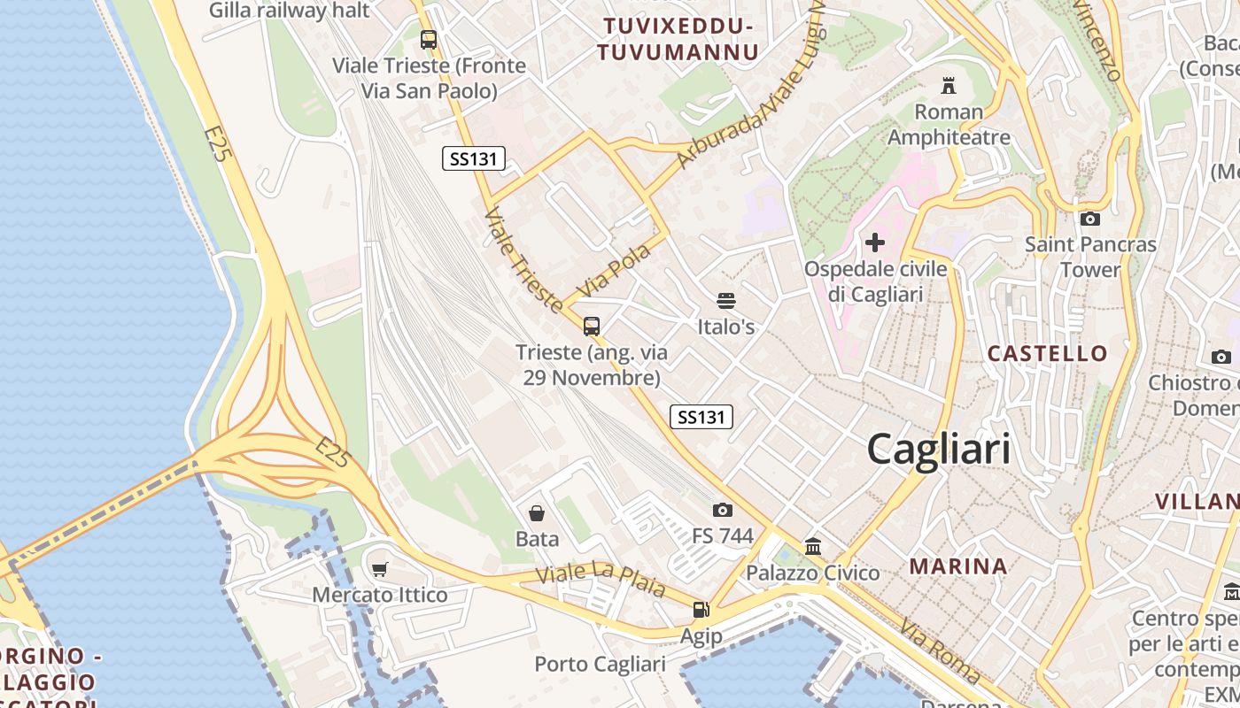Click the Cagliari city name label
pyautogui.click(x=938, y=449)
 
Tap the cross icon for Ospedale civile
pyautogui.click(x=875, y=242)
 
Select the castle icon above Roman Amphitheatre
pyautogui.click(x=949, y=86)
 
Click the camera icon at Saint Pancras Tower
pyautogui.click(x=1090, y=219)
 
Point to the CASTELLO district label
pyautogui.click(x=1047, y=354)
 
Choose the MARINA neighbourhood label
pyautogui.click(x=958, y=566)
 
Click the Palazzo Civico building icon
pyautogui.click(x=813, y=546)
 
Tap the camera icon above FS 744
pyautogui.click(x=722, y=510)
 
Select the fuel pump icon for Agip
pyautogui.click(x=701, y=609)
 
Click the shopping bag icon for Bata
pyautogui.click(x=537, y=513)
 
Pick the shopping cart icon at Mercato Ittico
pyautogui.click(x=380, y=569)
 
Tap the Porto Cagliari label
pyautogui.click(x=600, y=665)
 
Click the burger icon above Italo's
pyautogui.click(x=726, y=301)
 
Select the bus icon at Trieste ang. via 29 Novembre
pyautogui.click(x=592, y=326)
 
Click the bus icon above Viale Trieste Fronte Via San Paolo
pyautogui.click(x=429, y=39)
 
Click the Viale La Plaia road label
pyautogui.click(x=600, y=579)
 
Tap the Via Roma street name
pyautogui.click(x=940, y=652)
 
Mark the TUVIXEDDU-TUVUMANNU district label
pyautogui.click(x=678, y=40)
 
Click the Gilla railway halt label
pyautogui.click(x=289, y=11)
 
